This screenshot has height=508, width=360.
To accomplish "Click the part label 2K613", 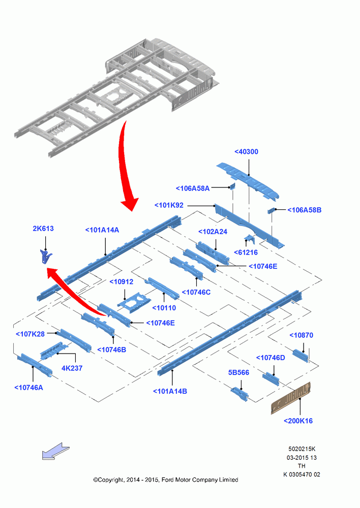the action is click(x=43, y=229).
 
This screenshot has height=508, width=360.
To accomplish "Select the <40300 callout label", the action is click(x=246, y=151).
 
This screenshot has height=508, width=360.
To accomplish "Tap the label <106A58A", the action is click(x=193, y=188).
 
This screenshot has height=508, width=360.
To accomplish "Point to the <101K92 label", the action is click(x=169, y=205).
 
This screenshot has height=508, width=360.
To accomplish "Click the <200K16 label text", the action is click(x=298, y=421).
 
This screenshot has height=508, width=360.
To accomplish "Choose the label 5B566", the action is click(x=238, y=372).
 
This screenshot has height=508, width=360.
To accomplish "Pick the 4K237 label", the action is click(x=72, y=368).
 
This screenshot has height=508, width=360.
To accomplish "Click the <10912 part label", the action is click(x=122, y=282).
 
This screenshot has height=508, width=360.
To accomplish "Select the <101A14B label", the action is click(x=170, y=391).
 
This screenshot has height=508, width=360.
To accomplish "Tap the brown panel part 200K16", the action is click(x=291, y=398).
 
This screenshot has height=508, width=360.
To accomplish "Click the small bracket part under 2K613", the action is click(x=45, y=256).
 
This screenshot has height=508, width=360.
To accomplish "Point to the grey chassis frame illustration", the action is click(x=117, y=97).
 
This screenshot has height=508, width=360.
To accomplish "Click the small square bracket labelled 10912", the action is click(x=134, y=302).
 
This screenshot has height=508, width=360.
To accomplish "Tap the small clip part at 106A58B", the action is click(x=271, y=211).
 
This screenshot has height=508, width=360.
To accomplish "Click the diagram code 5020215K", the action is click(x=302, y=449).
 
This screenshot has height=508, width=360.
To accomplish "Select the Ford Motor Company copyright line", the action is click(x=166, y=480).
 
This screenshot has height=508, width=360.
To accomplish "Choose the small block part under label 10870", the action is click(x=301, y=356).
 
